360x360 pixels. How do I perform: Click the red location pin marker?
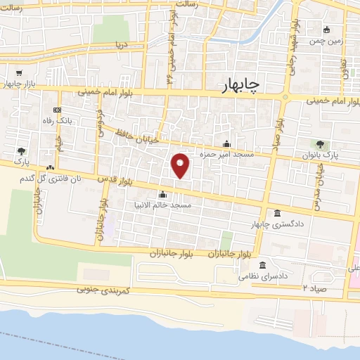181,165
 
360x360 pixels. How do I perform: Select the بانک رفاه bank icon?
57,111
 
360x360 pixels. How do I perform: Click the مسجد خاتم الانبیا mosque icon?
163,195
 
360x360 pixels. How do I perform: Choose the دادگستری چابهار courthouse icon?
277,214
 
